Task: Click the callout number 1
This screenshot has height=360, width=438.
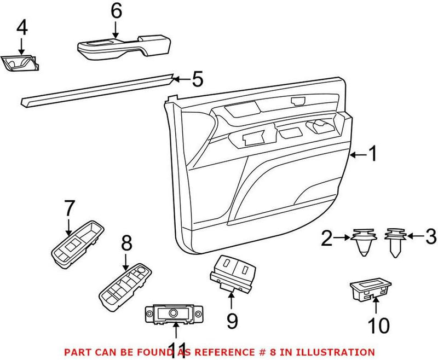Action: (x=372, y=155)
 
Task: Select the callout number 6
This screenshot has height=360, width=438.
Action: (x=115, y=11)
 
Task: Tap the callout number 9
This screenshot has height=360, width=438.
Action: (x=232, y=321)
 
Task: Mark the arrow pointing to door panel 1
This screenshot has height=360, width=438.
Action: (x=356, y=156)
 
